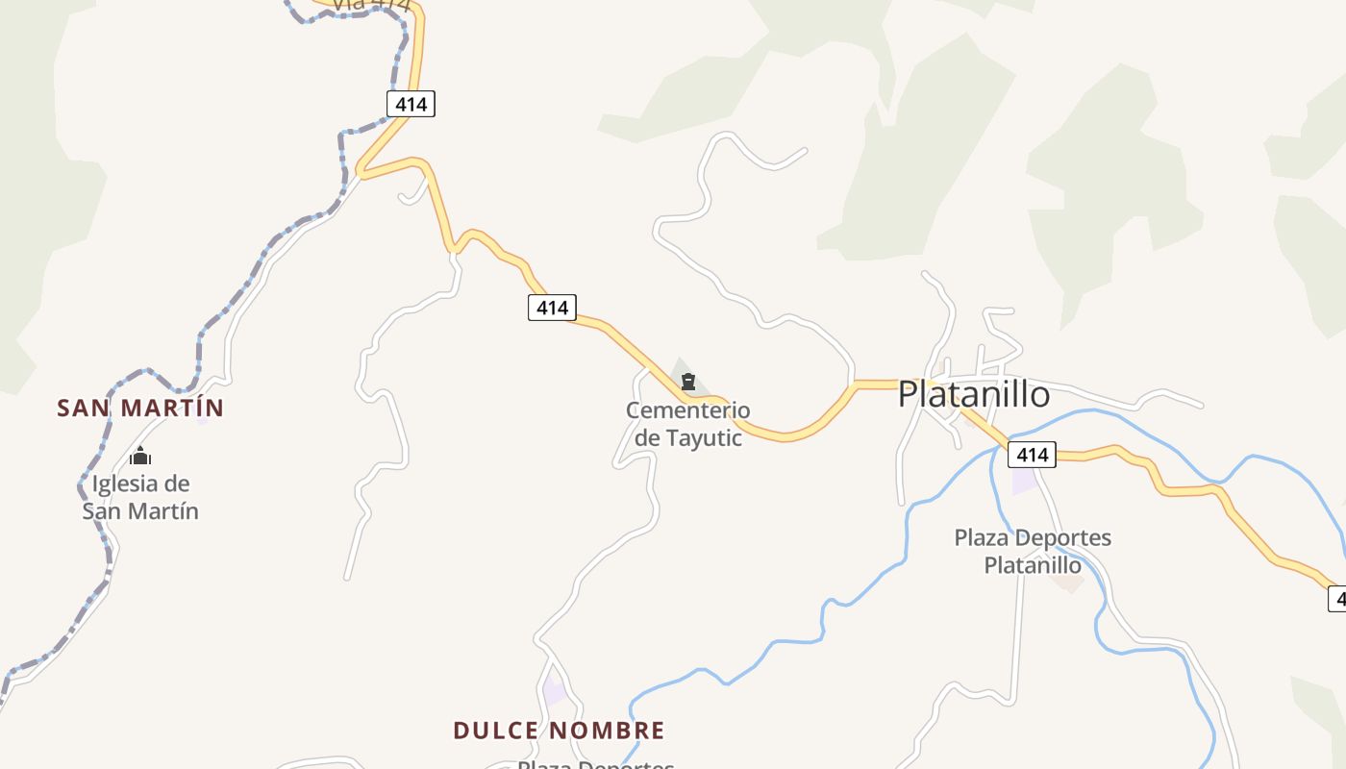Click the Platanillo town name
coord(974,394)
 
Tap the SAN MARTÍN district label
coord(140,408)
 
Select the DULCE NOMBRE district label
coord(559,731)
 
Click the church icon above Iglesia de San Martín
coord(141,457)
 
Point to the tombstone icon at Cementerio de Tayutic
coord(687,383)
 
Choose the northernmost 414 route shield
coord(411,104)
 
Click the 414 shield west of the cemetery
coord(552,308)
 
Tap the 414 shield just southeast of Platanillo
coord(1033,455)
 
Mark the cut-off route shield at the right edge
coord(1337,599)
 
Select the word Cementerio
coord(687,410)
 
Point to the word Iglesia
coord(127,484)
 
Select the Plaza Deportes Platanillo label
coord(1033,551)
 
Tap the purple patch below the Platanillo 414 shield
coord(1025,480)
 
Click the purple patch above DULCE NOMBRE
coord(555,690)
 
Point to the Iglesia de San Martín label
coord(140,497)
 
